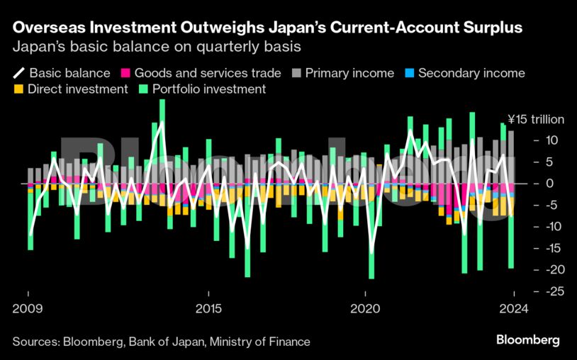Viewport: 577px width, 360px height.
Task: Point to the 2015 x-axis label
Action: coord(208,310)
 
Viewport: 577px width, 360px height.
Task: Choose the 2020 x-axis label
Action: coord(366,310)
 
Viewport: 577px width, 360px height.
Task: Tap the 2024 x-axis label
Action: coord(512,310)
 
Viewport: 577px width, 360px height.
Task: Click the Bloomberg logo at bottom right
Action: coord(527,340)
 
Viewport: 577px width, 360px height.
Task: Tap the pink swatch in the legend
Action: coord(126,73)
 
